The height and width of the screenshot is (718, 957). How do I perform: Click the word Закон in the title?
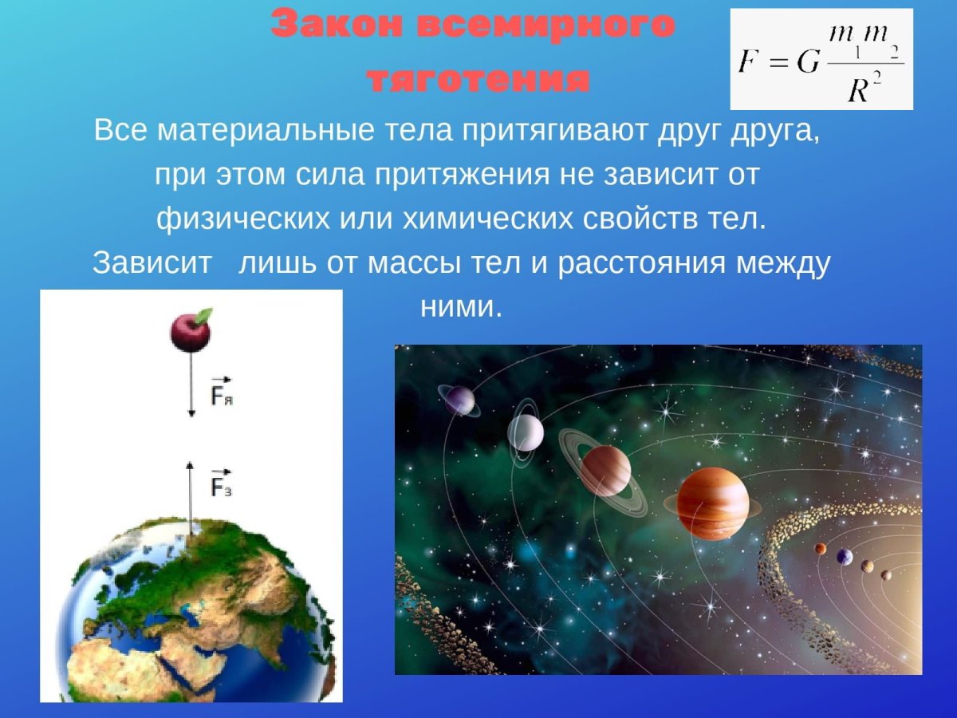(336, 26)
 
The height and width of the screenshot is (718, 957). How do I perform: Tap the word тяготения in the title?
(478, 80)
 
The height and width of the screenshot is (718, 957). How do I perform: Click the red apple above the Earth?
(190, 332)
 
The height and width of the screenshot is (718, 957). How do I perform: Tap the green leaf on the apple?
(204, 315)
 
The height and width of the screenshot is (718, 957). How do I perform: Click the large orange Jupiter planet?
(712, 503)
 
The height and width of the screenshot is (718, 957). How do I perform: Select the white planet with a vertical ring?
(526, 433)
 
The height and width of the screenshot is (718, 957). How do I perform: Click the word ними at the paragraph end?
(461, 306)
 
